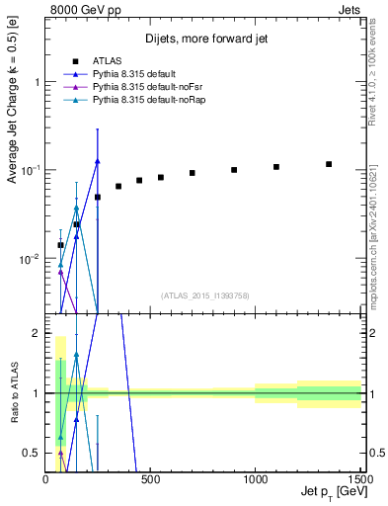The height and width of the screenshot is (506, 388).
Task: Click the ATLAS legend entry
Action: pos(107,61)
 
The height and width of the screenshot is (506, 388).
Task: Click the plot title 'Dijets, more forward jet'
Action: pos(204,40)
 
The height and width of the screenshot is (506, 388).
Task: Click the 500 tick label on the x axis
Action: pos(151,480)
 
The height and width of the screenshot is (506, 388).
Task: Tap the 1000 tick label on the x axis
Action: pos(255,480)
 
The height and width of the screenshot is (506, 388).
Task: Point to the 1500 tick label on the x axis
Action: pos(357,480)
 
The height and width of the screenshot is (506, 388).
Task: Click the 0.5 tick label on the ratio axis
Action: pos(32,454)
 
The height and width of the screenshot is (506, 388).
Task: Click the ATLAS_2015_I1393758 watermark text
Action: pos(204,295)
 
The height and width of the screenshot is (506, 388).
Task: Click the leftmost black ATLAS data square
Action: pos(60,245)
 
